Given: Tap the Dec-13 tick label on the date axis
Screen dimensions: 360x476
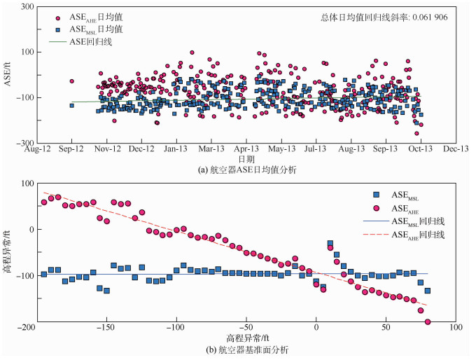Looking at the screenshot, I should point(456,148).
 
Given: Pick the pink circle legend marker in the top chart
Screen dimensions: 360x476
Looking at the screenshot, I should point(58,16).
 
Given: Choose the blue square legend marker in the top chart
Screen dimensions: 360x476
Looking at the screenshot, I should point(58,29).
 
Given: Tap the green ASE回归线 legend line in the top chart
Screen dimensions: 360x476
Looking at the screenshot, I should point(58,42).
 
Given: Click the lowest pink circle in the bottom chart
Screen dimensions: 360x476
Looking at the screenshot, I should point(428,322).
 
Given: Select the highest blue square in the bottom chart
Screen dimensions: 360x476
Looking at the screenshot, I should point(330,244).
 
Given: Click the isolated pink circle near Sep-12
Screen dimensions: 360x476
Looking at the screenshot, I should point(71,81).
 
